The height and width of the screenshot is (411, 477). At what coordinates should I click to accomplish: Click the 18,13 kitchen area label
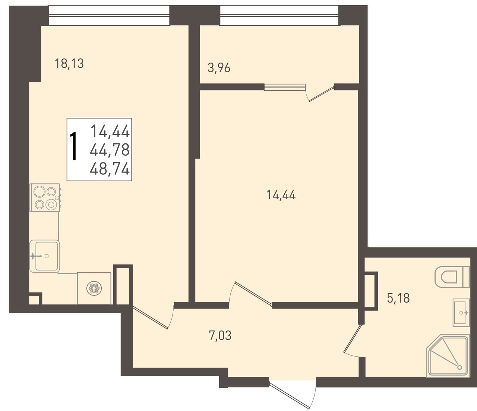(x=69, y=63)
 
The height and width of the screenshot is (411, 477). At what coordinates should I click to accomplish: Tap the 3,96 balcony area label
(x=219, y=68)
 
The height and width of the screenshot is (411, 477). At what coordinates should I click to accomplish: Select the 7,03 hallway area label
(x=220, y=335)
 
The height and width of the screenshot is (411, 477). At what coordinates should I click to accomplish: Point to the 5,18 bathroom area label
(x=398, y=298)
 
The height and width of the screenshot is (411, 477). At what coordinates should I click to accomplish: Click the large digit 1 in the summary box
(x=74, y=146)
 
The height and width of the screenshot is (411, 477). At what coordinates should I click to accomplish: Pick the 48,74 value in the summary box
(x=110, y=170)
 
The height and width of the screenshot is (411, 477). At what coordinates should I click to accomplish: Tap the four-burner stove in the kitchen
(x=45, y=198)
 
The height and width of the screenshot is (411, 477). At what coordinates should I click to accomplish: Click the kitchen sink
(x=45, y=256)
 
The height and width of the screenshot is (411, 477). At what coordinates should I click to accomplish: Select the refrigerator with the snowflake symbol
(x=94, y=288)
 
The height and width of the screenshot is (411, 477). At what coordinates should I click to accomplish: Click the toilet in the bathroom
(x=452, y=277)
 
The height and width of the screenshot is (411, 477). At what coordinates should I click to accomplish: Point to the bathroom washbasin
(x=461, y=313)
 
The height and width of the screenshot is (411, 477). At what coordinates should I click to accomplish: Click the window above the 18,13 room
(x=109, y=15)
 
